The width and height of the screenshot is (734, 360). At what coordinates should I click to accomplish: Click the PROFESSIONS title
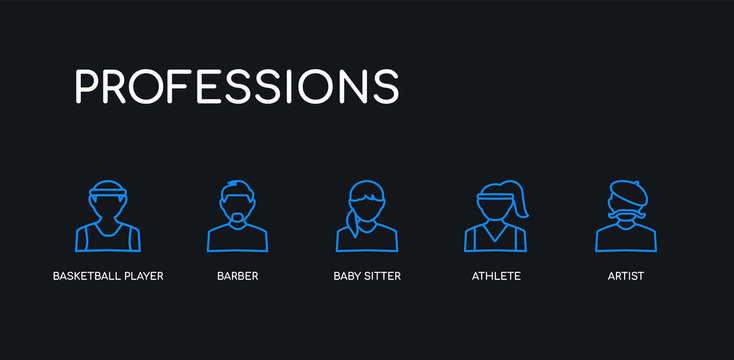tap(237, 87)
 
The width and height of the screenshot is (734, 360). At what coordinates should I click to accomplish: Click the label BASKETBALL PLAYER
tap(108, 276)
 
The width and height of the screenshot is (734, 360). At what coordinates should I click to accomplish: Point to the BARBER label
tap(237, 276)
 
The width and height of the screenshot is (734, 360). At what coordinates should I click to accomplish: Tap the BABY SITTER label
tap(367, 276)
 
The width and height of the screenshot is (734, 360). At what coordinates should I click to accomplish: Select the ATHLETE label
tap(497, 276)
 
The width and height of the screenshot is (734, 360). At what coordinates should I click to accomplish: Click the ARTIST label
tap(626, 276)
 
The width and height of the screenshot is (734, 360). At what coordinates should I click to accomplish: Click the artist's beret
tap(627, 190)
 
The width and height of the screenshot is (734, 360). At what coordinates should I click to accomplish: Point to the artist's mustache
tap(627, 213)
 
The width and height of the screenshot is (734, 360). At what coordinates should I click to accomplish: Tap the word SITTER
tap(383, 276)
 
